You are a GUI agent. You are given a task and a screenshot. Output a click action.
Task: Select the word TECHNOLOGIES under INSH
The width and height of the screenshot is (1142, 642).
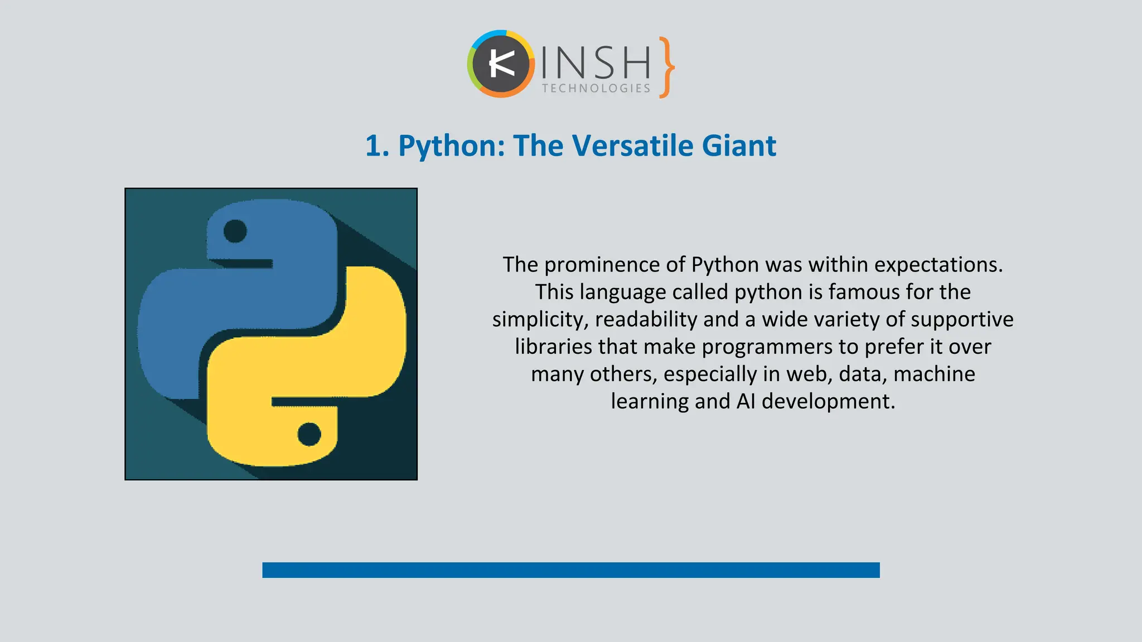[596, 89]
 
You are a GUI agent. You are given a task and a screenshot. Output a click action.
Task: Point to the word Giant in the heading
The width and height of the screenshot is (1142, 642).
[738, 146]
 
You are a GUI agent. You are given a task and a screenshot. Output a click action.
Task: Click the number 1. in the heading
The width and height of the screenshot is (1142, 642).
[378, 146]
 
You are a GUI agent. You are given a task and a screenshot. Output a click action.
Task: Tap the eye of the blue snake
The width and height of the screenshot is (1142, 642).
[235, 231]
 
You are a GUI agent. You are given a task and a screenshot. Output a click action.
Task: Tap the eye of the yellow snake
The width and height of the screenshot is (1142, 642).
[309, 434]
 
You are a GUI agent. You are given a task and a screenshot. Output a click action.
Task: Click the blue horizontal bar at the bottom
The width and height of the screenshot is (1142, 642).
[570, 570]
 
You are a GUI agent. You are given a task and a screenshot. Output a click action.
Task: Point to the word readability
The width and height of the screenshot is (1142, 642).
[646, 319]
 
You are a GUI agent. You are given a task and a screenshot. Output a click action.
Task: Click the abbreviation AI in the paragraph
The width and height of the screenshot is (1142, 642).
[746, 401]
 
